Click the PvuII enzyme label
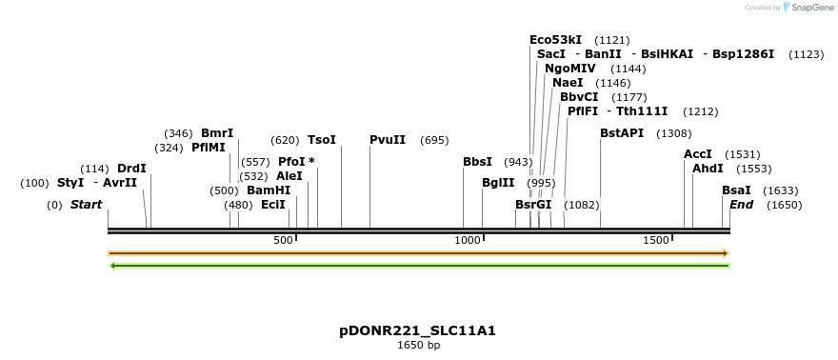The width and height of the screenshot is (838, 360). [x=388, y=140]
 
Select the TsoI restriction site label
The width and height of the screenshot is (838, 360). [x=321, y=140]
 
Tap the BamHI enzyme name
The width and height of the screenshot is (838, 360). [x=269, y=190]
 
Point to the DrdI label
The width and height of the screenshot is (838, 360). [x=131, y=169]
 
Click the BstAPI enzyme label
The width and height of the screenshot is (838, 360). [x=622, y=133]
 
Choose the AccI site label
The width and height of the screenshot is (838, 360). [x=698, y=154]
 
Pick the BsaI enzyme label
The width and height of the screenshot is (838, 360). [x=736, y=190]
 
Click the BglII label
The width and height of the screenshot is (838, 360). [x=498, y=183]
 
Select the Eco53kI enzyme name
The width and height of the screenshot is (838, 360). [x=555, y=40]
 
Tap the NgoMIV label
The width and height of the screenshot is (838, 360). [x=570, y=69]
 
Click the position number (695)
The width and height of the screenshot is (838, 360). [x=434, y=141]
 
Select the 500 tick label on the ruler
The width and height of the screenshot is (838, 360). [x=283, y=240]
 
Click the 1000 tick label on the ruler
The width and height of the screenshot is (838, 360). [x=468, y=240]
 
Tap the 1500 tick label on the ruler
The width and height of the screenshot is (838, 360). [x=656, y=240]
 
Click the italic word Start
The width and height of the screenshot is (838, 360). [x=86, y=205]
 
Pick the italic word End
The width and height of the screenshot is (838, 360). [x=741, y=205]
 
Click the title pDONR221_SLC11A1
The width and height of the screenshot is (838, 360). [x=418, y=331]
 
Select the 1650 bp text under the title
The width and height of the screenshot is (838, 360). [x=418, y=345]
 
